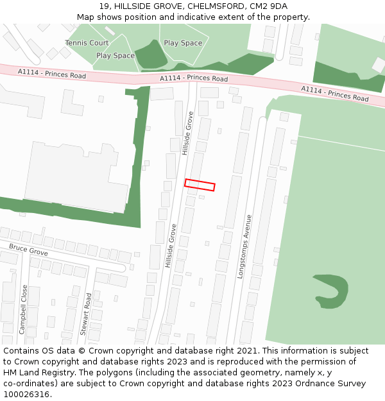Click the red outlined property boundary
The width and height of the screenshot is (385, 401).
[200, 185]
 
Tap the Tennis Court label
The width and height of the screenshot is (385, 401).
[87, 43]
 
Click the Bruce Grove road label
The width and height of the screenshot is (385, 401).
[28, 250]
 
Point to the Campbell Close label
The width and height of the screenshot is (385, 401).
[23, 309]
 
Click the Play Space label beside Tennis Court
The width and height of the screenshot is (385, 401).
[116, 56]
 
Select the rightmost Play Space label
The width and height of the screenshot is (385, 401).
[183, 43]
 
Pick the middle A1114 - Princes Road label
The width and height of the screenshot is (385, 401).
[194, 78]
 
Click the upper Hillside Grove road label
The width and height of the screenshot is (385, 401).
[187, 133]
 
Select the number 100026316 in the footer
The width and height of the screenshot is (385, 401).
[26, 395]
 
